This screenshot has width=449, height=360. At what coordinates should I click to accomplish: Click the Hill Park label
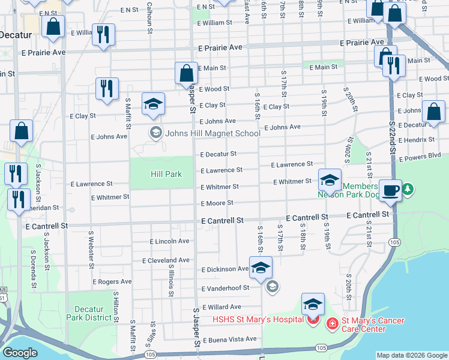(x=165, y=174)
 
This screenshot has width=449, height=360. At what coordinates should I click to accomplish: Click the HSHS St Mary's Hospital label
(x=257, y=319)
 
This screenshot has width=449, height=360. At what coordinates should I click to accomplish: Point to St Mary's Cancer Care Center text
(x=372, y=325)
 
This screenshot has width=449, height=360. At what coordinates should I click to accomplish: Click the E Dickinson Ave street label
(x=225, y=269)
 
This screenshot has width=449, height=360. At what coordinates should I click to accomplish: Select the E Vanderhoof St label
(x=225, y=288)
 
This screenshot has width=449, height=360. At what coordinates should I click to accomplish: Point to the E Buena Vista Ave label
(x=229, y=340)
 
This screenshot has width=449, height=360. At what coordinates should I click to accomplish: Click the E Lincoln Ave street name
(x=169, y=241)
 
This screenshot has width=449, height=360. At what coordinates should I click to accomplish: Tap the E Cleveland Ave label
(x=166, y=260)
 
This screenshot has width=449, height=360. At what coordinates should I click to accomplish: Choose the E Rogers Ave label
(x=112, y=281)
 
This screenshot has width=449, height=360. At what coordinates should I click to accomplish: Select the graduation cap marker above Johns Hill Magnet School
(x=153, y=104)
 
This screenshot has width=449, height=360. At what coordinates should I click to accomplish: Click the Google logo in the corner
(x=20, y=353)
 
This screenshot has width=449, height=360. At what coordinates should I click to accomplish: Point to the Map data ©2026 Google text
(x=411, y=355)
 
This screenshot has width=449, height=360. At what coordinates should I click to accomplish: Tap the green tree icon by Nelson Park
(x=408, y=190)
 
